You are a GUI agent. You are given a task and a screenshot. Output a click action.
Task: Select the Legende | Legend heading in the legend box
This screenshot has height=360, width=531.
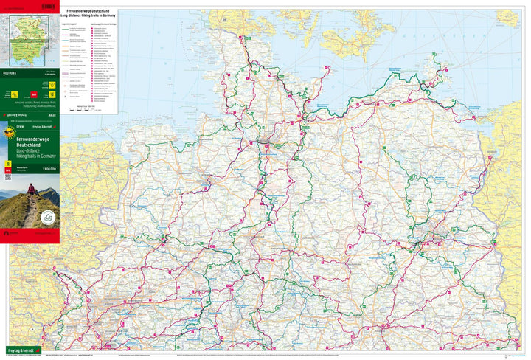tap(73, 23)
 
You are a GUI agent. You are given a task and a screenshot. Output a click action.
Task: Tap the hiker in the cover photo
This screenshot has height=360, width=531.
tap(32, 195)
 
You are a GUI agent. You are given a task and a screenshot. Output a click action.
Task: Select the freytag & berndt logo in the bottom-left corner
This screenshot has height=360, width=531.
tap(21, 349)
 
